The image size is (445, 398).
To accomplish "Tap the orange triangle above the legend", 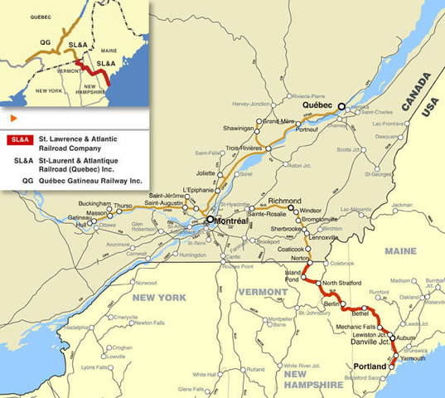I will [x=13, y=119].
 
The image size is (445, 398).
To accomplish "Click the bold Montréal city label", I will [x=235, y=221].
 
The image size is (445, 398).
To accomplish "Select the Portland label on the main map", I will [x=370, y=366].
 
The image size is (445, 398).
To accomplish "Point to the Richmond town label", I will [x=285, y=201].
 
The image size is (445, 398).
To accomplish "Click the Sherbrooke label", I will [x=286, y=229].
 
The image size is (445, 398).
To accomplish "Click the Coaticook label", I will [x=291, y=248].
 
